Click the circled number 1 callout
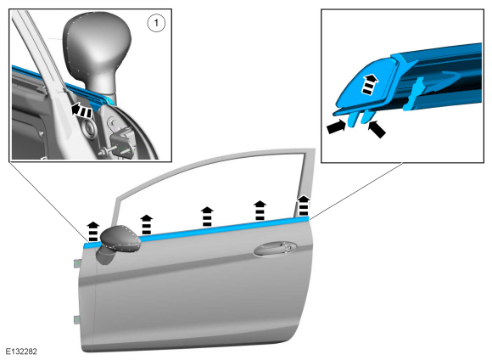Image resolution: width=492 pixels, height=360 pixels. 156,23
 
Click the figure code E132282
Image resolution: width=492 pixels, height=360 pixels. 21,352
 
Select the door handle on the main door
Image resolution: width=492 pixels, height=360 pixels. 276,248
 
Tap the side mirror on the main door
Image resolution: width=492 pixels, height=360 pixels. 118,244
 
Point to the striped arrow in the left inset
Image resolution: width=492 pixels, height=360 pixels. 81,110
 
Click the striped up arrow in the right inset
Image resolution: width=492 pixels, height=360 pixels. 370,84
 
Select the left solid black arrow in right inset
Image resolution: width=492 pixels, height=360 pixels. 336,127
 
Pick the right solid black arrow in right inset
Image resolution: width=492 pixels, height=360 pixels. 377,129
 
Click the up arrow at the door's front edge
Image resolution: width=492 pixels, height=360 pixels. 93,231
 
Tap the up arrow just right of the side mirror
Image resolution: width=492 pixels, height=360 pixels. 146,224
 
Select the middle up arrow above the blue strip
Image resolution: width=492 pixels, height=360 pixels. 207,217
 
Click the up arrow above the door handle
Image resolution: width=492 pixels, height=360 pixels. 260,211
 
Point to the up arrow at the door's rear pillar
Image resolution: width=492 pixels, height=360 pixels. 304,205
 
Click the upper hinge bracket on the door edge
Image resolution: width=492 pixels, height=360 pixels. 77,263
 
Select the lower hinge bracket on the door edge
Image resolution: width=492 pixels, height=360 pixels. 76,319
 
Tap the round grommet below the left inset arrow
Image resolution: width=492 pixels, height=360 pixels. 88,129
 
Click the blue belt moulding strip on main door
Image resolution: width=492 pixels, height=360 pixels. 197,231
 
